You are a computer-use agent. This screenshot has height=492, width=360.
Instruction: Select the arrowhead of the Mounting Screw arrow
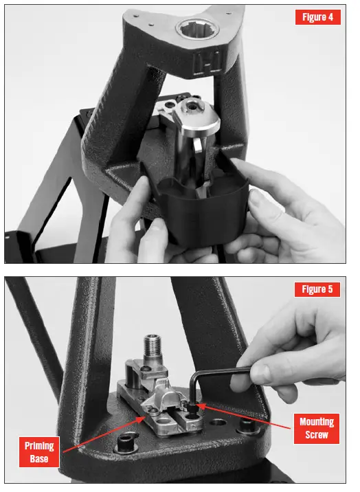tap(200, 405)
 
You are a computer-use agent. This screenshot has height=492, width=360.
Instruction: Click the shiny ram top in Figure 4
tap(196, 113)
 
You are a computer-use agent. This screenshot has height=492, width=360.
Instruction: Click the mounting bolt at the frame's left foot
tap(126, 440)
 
